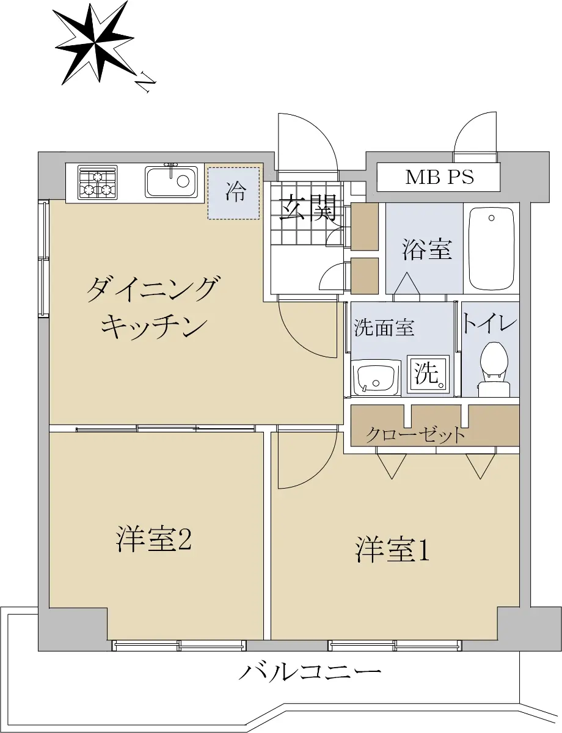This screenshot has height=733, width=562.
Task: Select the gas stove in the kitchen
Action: point(98,182)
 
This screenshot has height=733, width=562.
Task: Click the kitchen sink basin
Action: point(172,182)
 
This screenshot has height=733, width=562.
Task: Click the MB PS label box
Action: point(438,177)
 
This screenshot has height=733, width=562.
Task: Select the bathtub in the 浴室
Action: point(491,249)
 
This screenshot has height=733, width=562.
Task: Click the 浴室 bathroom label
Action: point(427,249)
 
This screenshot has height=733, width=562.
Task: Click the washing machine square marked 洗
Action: point(428,374)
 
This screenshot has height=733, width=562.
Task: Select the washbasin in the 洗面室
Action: point(376,377)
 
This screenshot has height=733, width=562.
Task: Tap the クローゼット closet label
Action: point(415,435)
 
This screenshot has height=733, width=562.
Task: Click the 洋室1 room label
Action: point(392,552)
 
